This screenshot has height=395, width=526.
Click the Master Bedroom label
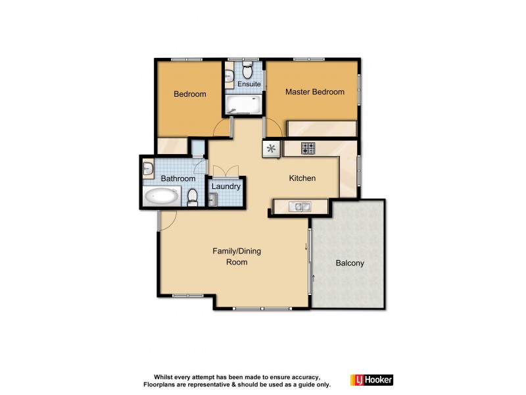tap(314, 92)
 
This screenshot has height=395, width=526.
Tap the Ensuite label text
tap(249, 84)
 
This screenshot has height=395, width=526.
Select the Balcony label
tap(350, 263)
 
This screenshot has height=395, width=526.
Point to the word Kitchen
tap(302, 178)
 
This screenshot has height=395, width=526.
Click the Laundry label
tap(226, 187)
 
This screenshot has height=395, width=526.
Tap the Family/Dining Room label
tap(229, 256)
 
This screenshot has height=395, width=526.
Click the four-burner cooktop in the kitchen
tap(308, 149)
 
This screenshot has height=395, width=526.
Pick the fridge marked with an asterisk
tap(271, 149)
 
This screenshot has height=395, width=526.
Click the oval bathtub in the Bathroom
tap(162, 196)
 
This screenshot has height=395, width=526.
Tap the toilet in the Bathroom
tap(192, 197)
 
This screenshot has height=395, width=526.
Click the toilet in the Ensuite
tap(248, 69)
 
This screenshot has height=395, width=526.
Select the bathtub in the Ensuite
tap(243, 105)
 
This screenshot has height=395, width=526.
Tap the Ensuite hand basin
tap(228, 76)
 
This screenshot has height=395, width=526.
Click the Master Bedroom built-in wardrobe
tap(322, 128)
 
